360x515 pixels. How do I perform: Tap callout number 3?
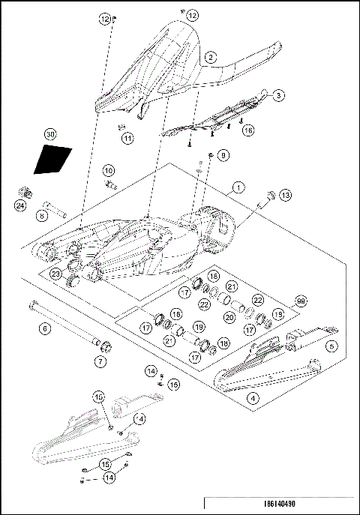(x=278, y=96)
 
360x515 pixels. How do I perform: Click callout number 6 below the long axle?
(x=45, y=328)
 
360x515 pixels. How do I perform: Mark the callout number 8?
(x=42, y=216)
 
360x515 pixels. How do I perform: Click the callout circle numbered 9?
(x=222, y=155)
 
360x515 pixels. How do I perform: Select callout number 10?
(x=108, y=170)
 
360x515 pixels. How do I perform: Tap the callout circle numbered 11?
(x=128, y=138)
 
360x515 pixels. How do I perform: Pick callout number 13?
(x=285, y=195)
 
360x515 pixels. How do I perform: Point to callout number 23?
(x=55, y=274)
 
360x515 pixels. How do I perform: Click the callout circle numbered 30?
(x=50, y=134)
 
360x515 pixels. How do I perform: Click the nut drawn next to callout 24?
(x=22, y=191)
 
